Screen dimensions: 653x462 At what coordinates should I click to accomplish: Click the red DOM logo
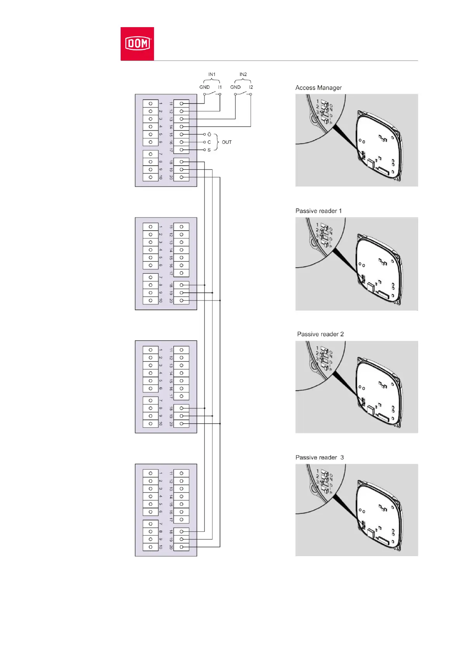click(137, 43)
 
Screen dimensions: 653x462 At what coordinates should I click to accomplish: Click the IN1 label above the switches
click(212, 74)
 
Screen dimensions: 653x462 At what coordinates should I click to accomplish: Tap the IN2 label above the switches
click(243, 74)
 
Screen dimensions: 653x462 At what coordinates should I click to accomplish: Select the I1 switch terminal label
click(220, 87)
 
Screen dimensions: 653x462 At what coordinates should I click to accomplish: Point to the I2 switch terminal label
click(251, 87)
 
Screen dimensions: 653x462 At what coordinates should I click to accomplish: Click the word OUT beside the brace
click(227, 142)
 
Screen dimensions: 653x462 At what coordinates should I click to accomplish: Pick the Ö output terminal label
click(209, 135)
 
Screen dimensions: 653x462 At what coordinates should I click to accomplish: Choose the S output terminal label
click(209, 150)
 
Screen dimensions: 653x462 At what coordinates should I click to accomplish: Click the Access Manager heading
click(318, 88)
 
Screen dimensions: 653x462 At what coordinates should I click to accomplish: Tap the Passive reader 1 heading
click(318, 211)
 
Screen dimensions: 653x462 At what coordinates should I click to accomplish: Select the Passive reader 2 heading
click(320, 334)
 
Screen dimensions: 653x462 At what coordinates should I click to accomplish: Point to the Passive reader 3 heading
click(320, 458)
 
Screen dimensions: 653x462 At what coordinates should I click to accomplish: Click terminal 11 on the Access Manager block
click(182, 104)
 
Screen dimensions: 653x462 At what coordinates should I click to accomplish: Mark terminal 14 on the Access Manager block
click(182, 127)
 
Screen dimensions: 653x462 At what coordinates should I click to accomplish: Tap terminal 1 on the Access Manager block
click(151, 104)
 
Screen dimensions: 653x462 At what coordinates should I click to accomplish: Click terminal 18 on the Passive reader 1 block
click(182, 285)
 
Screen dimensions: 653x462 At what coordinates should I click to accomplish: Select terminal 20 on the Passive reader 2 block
click(182, 424)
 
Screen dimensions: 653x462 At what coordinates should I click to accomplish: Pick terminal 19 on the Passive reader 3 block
click(182, 539)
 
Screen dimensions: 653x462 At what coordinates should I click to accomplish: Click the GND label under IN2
click(235, 87)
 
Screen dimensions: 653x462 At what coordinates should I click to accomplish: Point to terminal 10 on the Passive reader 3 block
click(151, 547)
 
